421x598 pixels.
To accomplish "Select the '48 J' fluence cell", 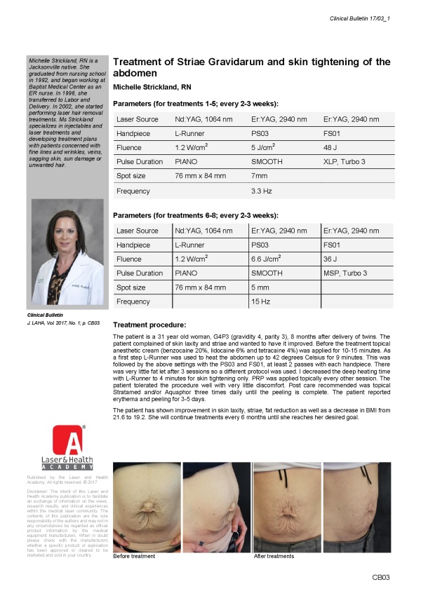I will pos(330,148).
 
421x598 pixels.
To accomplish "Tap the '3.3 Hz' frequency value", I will pos(262,191).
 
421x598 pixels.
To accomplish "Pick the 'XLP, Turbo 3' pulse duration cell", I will pos(344,163).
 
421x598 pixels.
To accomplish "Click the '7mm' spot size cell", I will pos(260,177).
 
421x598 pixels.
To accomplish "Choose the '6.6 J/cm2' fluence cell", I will pos(266,259).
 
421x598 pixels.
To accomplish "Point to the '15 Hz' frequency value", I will pos(260,301).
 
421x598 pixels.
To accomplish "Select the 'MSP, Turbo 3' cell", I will pos(345,273).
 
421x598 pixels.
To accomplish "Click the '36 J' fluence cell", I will pos(330,259).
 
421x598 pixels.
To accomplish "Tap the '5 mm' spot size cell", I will pos(260,287).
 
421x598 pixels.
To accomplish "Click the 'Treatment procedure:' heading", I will pos(149,325).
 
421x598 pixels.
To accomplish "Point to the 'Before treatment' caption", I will pos(135,557).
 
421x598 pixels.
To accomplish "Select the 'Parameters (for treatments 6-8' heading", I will pos(196,214).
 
